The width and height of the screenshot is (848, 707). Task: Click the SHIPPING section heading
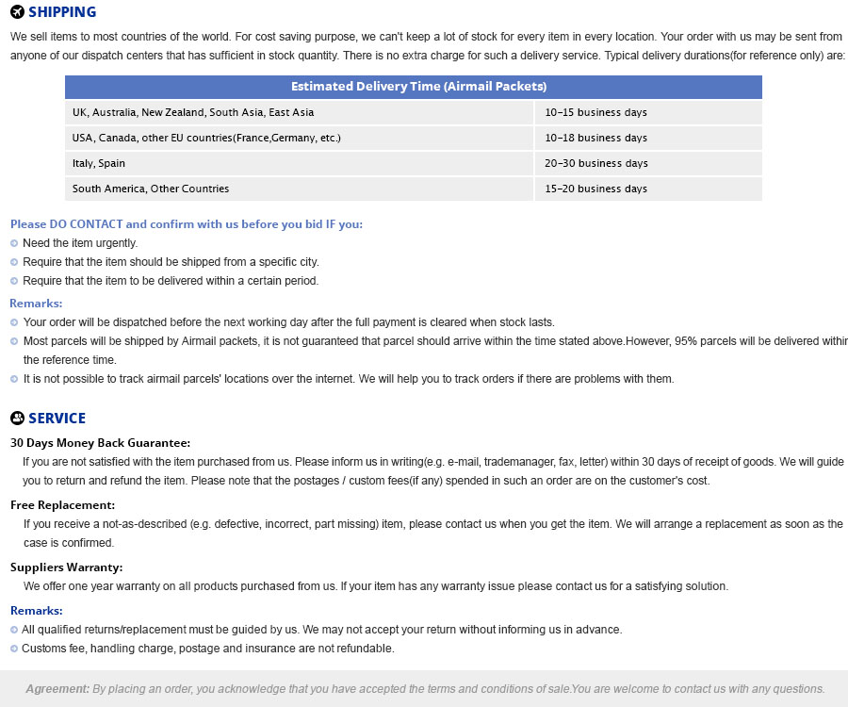click(61, 12)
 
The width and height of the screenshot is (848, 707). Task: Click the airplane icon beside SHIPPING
click(17, 12)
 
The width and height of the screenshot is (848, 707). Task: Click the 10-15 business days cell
click(595, 112)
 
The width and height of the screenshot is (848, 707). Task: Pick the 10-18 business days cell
click(595, 138)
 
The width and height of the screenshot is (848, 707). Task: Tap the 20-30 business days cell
click(595, 163)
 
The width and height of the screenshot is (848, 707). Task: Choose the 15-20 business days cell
click(595, 189)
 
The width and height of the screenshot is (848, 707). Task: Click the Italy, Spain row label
click(99, 163)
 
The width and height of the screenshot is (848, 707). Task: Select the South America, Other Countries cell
click(151, 189)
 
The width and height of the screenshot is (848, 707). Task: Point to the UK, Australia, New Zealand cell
click(193, 112)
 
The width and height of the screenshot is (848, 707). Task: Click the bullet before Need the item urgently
click(14, 243)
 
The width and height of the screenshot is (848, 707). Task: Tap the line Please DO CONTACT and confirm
click(187, 224)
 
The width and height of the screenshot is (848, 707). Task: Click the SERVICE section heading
click(57, 419)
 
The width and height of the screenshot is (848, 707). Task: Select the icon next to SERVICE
click(17, 419)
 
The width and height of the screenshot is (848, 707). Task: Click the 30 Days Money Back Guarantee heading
click(100, 442)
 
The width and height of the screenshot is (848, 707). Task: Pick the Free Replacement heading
click(62, 505)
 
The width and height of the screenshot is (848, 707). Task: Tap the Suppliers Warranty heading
click(66, 567)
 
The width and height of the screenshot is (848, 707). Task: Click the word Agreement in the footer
click(57, 688)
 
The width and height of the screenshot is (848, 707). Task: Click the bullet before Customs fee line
click(14, 649)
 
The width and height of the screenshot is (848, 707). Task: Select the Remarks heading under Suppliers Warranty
click(36, 611)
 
